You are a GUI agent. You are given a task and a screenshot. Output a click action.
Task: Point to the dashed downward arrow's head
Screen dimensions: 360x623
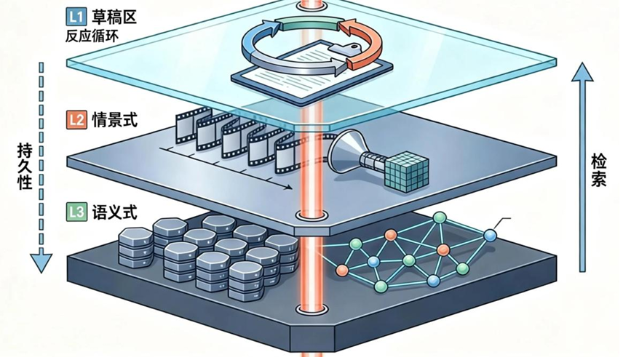tap(42, 260)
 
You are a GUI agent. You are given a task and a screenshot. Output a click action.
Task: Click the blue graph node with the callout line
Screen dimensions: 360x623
tap(490, 235)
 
